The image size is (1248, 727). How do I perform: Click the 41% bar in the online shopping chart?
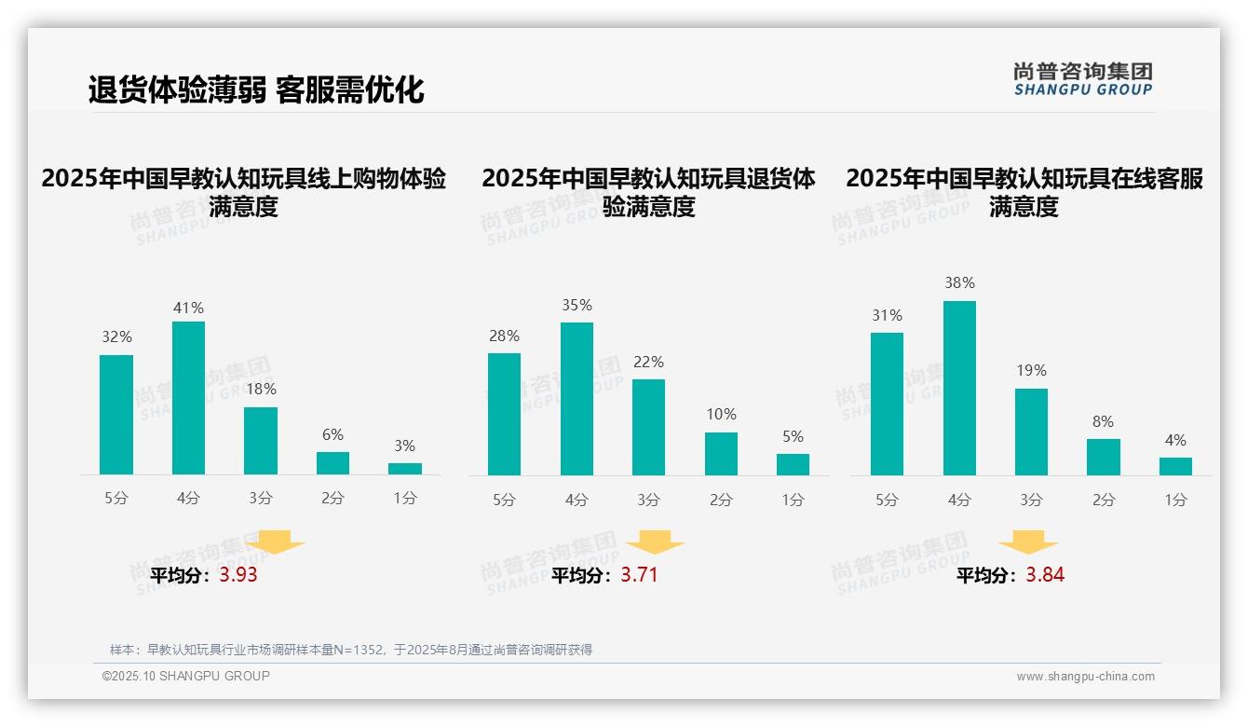(x=188, y=398)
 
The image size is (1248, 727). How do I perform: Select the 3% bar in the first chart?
(x=405, y=469)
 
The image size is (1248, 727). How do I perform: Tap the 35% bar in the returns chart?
(x=577, y=399)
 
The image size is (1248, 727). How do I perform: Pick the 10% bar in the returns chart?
(x=721, y=454)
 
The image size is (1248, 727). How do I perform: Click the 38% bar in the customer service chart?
(x=959, y=388)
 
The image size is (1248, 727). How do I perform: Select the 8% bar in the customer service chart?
(x=1103, y=457)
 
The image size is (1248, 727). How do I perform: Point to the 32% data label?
(x=116, y=337)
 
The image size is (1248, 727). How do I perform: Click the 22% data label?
(x=648, y=362)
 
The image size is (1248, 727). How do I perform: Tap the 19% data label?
(x=1031, y=370)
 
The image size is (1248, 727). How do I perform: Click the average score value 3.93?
(x=238, y=575)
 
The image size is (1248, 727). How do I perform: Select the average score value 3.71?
(x=639, y=575)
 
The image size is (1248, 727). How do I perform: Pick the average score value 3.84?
(x=1045, y=575)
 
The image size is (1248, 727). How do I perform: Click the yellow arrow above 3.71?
(x=655, y=542)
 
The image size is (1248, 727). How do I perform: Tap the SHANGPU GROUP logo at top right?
(x=1083, y=79)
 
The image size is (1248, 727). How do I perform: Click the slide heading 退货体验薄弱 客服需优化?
(x=256, y=89)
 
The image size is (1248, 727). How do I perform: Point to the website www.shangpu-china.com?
(x=1085, y=677)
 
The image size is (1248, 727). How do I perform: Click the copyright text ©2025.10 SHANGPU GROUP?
(x=186, y=676)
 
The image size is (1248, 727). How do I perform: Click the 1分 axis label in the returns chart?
(x=793, y=500)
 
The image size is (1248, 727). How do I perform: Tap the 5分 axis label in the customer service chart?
(x=887, y=500)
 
